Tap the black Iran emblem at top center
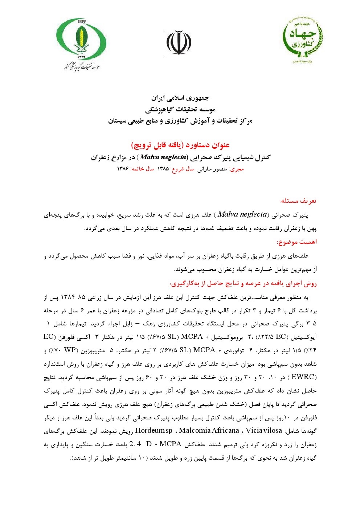[x=179, y=42]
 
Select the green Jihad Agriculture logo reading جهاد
[x=303, y=38]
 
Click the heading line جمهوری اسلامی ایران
[x=180, y=98]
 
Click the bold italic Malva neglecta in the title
[x=163, y=157]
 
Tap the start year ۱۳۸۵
[x=163, y=169]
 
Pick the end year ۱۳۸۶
[x=123, y=169]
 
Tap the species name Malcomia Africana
[x=209, y=431]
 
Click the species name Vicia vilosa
[x=263, y=431]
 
